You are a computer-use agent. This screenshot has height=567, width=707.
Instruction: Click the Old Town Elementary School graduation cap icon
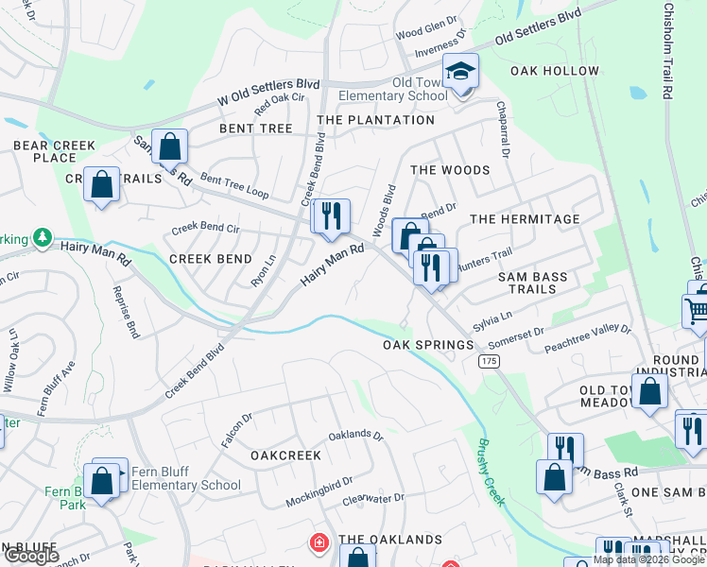pos(461,72)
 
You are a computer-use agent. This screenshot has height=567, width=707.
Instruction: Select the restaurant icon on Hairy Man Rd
pos(331,216)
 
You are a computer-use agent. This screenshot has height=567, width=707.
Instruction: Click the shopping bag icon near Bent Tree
pos(170,147)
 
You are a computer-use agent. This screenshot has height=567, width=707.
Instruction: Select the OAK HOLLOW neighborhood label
pos(555,71)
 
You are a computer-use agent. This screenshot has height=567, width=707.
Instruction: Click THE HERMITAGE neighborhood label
pos(525,219)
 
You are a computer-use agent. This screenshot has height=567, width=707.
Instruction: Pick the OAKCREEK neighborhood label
pos(285,455)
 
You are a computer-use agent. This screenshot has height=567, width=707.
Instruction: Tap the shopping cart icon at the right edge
pos(697,311)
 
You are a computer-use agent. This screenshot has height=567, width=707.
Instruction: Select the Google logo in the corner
pos(30,556)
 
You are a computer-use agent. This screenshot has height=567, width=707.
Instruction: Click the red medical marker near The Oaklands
pos(320,541)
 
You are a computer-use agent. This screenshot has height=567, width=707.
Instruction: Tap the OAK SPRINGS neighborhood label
pos(428,345)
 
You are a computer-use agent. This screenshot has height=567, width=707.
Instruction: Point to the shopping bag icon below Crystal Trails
pos(102,185)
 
